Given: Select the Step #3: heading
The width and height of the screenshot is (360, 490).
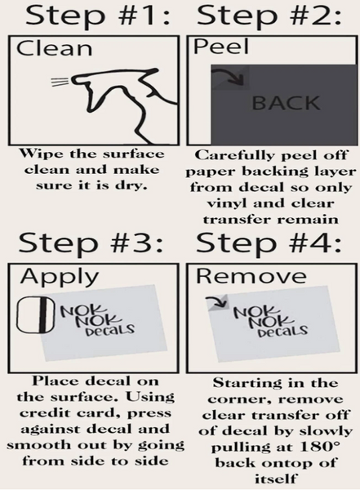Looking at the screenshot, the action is (x=91, y=243).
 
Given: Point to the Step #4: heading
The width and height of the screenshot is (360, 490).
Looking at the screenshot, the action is (x=269, y=243).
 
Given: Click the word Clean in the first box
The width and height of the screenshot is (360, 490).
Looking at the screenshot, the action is (x=55, y=49).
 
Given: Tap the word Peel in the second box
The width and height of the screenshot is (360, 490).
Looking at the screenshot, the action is (x=221, y=47).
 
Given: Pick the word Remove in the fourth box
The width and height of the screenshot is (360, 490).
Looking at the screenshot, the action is (x=251, y=276).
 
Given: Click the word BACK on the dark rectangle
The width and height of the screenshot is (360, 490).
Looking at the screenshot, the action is (x=286, y=103).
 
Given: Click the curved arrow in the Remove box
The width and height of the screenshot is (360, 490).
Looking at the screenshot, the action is (x=217, y=301).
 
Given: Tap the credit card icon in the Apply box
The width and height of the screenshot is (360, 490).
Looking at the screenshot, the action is (x=36, y=314).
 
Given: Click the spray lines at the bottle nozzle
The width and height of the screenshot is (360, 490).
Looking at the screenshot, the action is (x=60, y=81).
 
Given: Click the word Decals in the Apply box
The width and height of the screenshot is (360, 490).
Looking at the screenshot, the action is (x=110, y=330).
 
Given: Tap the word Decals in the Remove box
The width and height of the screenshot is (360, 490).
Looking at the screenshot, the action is (x=282, y=331).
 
